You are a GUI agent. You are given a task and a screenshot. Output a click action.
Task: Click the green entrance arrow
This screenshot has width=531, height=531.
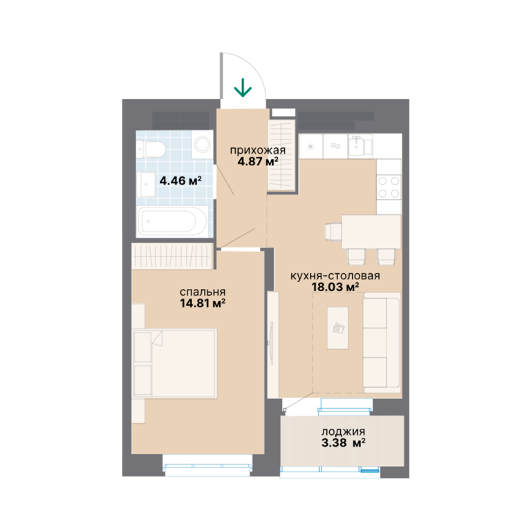(243, 87)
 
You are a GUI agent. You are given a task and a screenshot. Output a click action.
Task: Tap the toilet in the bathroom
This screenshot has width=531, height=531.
(151, 149)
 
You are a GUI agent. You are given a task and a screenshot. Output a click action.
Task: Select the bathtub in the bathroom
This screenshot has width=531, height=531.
(172, 221)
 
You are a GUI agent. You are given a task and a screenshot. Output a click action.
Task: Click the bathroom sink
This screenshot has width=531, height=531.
(147, 185)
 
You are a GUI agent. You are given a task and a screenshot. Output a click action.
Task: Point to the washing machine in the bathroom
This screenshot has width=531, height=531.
(202, 145)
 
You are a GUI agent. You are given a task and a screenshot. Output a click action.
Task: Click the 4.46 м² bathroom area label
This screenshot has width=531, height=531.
(180, 180)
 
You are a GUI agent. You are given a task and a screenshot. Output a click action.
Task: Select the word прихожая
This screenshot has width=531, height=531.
(258, 150)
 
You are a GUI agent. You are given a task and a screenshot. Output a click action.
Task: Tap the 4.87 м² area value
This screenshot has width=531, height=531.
(258, 161)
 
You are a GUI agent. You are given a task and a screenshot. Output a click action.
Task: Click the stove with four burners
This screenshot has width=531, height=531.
(389, 187)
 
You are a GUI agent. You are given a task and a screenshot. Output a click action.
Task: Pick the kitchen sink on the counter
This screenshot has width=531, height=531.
(360, 147)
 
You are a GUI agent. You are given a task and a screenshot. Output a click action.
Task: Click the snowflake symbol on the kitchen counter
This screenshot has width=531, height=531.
(310, 147)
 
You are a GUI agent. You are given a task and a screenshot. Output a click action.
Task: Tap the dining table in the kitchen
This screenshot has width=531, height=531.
(371, 232)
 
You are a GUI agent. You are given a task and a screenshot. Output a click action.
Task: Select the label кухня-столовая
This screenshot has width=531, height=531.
(335, 276)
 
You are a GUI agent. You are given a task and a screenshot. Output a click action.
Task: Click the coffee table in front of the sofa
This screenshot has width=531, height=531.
(337, 328)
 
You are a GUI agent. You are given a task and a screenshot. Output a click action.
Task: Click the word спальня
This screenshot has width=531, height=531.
(203, 292)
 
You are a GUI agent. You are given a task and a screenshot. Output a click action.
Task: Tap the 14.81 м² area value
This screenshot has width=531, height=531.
(203, 303)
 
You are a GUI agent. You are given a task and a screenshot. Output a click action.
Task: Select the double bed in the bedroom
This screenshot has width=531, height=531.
(175, 363)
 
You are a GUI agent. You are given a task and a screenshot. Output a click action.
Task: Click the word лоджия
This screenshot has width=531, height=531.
(343, 431)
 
